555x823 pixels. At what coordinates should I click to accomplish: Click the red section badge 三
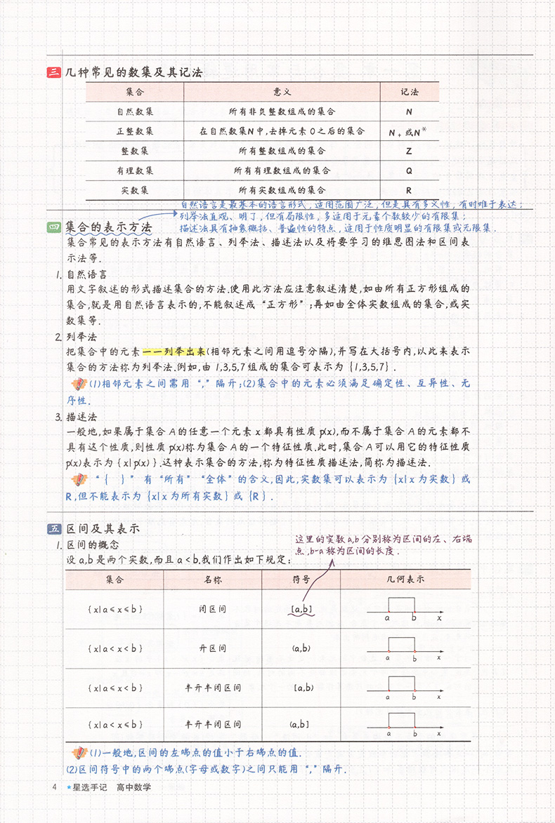click(x=53, y=72)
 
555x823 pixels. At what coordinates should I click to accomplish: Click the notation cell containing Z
click(x=409, y=151)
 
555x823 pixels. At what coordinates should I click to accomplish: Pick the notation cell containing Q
click(x=409, y=170)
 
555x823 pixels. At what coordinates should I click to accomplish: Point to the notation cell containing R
click(x=409, y=190)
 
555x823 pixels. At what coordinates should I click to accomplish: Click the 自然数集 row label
click(x=135, y=112)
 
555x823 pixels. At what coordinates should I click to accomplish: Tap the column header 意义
click(x=282, y=92)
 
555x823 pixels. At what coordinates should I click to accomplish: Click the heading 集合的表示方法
click(x=108, y=228)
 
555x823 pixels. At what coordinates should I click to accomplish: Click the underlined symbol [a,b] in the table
click(x=301, y=610)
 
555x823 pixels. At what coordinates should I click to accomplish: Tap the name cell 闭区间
click(x=212, y=610)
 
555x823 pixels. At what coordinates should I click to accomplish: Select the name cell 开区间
click(x=212, y=648)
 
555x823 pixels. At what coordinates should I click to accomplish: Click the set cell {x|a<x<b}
click(x=115, y=648)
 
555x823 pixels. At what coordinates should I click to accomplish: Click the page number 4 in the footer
click(x=54, y=787)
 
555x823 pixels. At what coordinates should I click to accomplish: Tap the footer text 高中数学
click(x=134, y=787)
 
